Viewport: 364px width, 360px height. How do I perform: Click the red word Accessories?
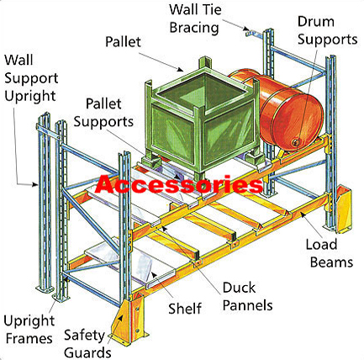[179, 184]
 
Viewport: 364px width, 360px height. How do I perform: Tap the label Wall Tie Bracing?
[195, 19]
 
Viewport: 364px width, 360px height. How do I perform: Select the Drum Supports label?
[327, 30]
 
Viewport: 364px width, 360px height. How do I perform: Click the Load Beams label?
[330, 253]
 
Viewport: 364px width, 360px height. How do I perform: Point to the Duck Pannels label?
[247, 296]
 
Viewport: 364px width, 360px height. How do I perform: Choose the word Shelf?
[185, 308]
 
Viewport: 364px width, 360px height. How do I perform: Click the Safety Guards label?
[87, 343]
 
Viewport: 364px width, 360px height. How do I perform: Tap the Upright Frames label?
[29, 329]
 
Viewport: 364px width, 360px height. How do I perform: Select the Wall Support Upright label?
[31, 78]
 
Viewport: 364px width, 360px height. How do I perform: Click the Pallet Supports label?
[103, 113]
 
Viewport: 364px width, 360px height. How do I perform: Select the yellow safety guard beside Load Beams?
[344, 209]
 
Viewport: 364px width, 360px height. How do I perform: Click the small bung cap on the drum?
[296, 142]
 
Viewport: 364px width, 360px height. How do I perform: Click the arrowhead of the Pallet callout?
[182, 69]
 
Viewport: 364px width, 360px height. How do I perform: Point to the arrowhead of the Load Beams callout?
[303, 214]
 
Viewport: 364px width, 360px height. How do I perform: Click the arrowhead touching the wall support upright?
[34, 184]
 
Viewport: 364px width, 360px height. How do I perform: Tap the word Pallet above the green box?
[123, 42]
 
